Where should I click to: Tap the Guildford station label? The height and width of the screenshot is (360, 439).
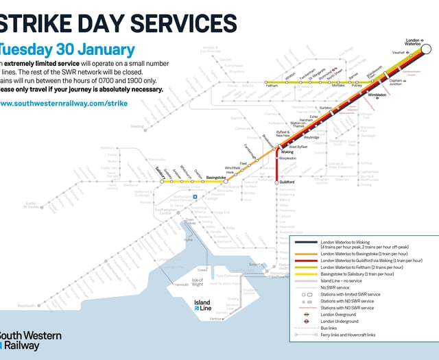(x=287, y=182)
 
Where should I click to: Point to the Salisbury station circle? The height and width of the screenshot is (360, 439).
(x=163, y=182)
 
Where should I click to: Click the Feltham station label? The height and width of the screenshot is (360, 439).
(x=272, y=86)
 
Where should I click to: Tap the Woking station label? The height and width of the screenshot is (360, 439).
(x=287, y=152)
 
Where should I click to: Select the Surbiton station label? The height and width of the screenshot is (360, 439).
(x=326, y=108)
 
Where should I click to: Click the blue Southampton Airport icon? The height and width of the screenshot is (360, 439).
(x=195, y=197)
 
